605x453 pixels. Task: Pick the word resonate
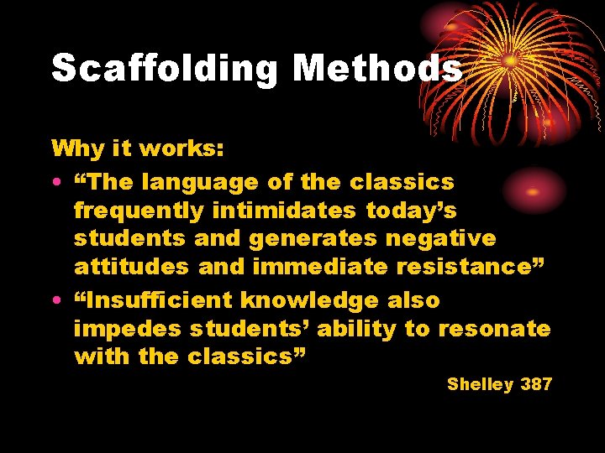[x=492, y=329]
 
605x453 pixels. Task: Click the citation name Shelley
[x=480, y=384]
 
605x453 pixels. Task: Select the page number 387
[x=536, y=384]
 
